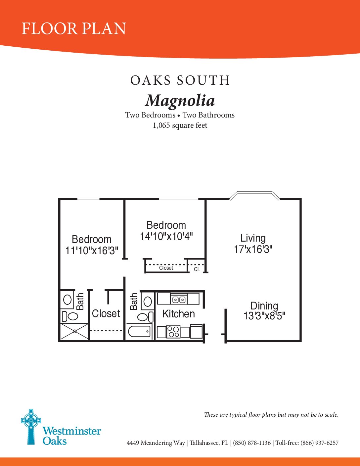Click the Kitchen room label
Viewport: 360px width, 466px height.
pos(179,314)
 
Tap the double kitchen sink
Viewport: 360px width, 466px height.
pos(179,299)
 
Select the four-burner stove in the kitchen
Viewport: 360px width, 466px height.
pos(173,332)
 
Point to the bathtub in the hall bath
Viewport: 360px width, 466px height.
pos(139,332)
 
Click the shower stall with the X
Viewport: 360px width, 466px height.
pos(75,331)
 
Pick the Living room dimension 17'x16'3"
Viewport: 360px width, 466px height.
pos(253,250)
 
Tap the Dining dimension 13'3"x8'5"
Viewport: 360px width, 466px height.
pos(264,316)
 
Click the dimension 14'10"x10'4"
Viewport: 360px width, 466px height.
pos(166,237)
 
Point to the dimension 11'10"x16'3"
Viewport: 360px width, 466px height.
pos(92,251)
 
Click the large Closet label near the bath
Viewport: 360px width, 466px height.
pos(106,313)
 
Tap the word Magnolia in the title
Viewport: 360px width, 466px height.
pos(180,101)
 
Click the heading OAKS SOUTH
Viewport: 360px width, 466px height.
pos(180,80)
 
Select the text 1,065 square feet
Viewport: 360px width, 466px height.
pos(180,125)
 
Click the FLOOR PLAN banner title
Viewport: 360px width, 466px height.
pos(74,28)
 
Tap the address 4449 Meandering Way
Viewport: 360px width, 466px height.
pos(156,443)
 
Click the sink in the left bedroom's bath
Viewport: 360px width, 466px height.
pos(67,300)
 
